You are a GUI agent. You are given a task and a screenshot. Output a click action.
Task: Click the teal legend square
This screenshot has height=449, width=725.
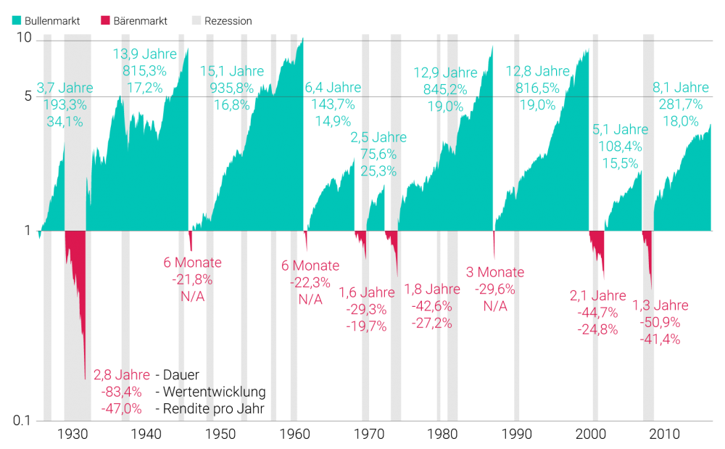point(17,20)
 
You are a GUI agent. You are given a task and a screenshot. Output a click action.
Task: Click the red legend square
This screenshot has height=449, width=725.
point(106,20)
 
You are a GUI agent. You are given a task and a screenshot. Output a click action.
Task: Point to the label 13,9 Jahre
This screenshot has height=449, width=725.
point(145,54)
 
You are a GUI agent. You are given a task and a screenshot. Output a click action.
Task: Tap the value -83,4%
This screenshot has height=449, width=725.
point(122,392)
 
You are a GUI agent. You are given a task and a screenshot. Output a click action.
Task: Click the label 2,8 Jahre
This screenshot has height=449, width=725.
point(122,375)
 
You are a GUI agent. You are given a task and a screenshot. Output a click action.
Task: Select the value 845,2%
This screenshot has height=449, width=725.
point(445,89)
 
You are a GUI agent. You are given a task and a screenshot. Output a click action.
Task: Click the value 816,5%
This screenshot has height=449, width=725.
point(537,88)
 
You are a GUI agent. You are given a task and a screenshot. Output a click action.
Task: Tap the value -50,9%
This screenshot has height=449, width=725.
point(660,322)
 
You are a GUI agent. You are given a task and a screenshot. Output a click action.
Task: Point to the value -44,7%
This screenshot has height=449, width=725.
point(598,313)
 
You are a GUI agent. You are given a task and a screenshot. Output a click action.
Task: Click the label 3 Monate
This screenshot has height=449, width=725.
point(495,273)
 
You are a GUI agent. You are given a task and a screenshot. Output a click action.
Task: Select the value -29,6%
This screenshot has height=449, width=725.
point(495,289)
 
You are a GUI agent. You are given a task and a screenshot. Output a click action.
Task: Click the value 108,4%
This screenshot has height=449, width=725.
point(621,147)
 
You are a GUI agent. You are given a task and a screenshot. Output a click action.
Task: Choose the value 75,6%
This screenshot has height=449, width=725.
point(378,155)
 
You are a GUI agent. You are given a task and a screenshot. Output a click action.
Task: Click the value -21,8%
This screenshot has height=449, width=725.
point(192,279)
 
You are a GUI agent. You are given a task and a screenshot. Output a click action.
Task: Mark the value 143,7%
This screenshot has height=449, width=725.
point(333,104)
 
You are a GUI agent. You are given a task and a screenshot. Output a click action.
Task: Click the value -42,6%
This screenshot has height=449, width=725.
point(432,306)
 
